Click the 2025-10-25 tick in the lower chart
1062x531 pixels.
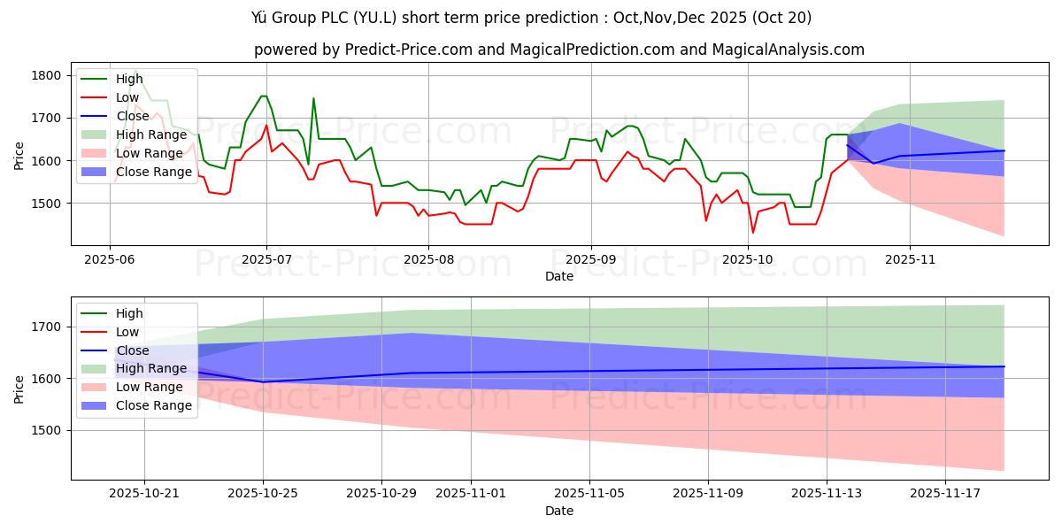pos(263,493)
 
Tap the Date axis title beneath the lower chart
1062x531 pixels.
pos(558,511)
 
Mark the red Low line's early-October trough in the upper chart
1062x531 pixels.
pos(753,233)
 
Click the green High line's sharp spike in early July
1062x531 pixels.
pos(313,98)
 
